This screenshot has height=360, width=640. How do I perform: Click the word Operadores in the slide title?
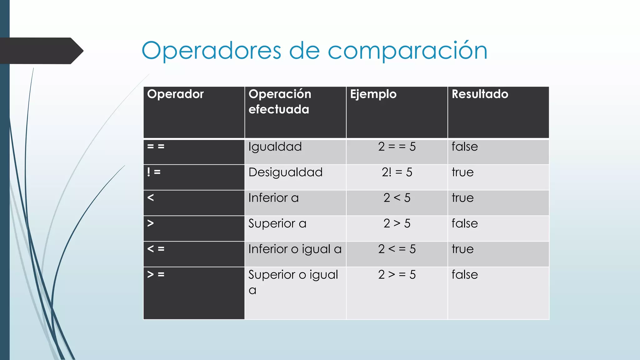211,51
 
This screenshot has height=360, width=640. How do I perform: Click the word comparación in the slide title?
407,51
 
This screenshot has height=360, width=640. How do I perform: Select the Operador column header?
175,94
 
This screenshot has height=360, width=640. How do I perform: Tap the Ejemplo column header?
373,94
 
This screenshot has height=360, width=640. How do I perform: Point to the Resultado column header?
480,94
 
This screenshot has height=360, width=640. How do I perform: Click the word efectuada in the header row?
279,109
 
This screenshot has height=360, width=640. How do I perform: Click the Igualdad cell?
275,147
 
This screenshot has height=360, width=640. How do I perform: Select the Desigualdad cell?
285,172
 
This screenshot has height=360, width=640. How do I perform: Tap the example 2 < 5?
397,198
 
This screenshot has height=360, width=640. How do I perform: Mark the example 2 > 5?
397,223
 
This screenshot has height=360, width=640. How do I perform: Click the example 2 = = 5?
397,147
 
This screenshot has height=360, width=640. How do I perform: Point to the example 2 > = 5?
397,275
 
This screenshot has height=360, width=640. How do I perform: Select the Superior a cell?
277,224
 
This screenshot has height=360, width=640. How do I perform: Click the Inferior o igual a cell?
295,249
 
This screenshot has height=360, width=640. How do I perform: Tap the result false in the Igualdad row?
465,147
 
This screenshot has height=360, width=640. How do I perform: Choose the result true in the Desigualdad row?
462,172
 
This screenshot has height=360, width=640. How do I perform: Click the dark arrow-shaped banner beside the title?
41,51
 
